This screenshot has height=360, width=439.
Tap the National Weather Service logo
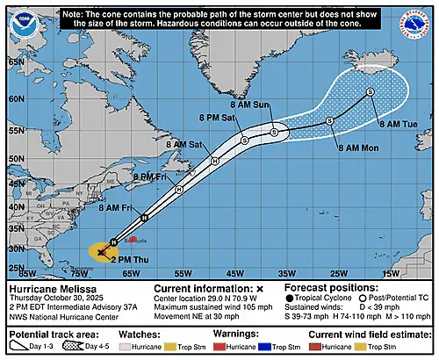click(x=415, y=22)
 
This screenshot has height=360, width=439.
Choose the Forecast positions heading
click(x=325, y=287)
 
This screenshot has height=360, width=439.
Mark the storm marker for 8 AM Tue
click(x=370, y=91)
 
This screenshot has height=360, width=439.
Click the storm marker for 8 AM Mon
click(x=330, y=120)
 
